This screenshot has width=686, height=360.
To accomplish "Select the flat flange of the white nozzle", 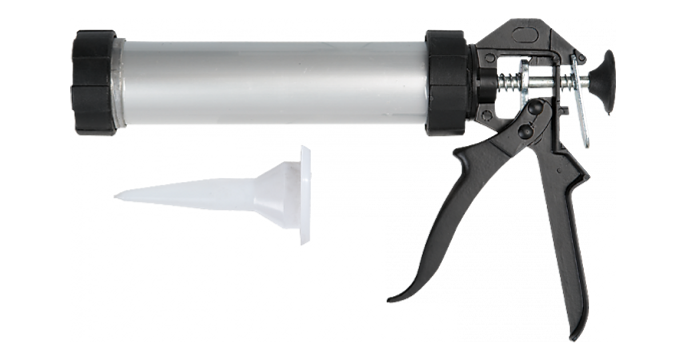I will coord(304,194).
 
